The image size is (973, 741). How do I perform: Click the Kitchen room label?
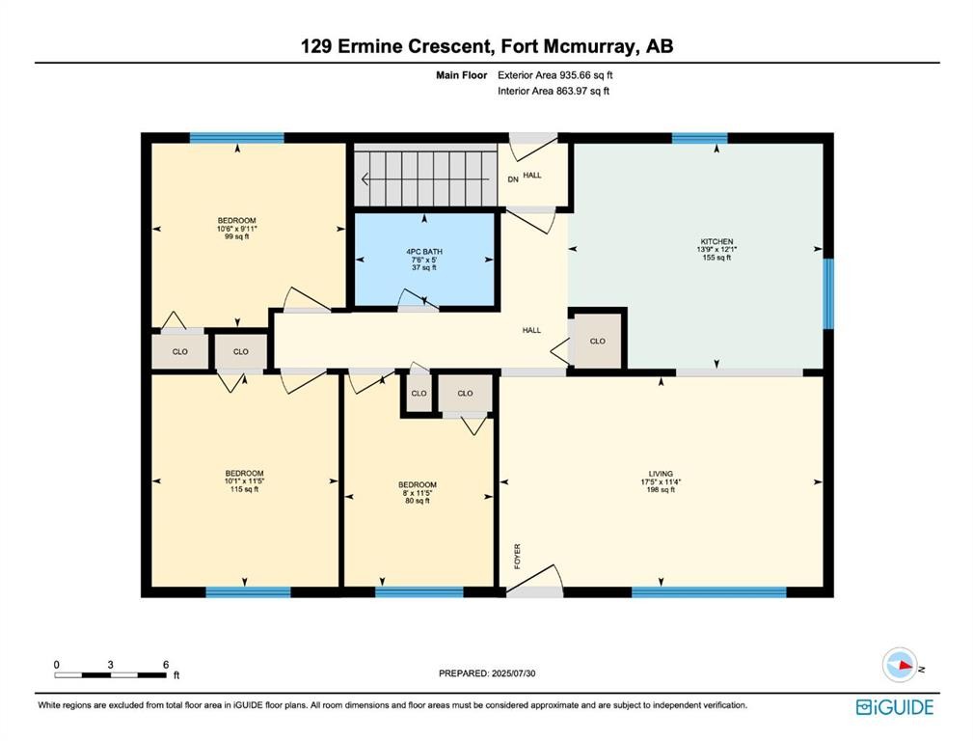(716, 241)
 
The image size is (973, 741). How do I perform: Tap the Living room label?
(661, 474)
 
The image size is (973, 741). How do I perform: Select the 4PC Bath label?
(424, 252)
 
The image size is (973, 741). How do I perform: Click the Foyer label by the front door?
(518, 556)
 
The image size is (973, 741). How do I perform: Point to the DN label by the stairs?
(513, 179)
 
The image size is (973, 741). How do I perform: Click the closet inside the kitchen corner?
(598, 341)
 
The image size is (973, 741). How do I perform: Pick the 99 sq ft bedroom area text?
(237, 236)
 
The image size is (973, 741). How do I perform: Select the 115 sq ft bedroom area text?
(245, 489)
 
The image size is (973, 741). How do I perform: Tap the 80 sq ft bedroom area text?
(418, 501)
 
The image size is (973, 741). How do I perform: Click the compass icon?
(900, 665)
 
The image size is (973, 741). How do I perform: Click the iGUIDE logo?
(895, 707)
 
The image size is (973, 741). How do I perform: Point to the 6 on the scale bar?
(166, 665)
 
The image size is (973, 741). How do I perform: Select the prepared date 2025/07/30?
(512, 673)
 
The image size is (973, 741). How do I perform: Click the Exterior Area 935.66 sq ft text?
(555, 75)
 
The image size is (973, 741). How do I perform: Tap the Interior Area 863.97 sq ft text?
(554, 92)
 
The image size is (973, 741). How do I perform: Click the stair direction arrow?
(424, 179)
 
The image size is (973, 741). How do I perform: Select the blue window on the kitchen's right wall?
(828, 293)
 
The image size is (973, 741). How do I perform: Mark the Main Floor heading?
(462, 75)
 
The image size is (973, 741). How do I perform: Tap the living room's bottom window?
(710, 592)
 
